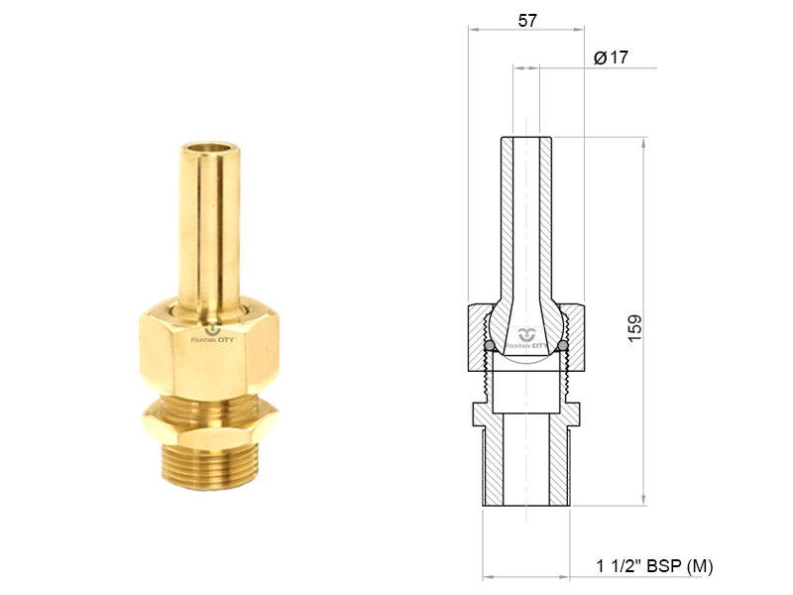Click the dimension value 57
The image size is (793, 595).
tap(527, 21)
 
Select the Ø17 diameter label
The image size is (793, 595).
tap(611, 58)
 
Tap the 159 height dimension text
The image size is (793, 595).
tap(634, 328)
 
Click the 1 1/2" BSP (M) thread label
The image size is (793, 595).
tap(654, 565)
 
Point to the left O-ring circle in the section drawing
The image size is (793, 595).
tap(490, 346)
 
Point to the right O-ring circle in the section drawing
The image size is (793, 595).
tap(563, 346)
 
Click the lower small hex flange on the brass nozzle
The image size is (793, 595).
tap(210, 422)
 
